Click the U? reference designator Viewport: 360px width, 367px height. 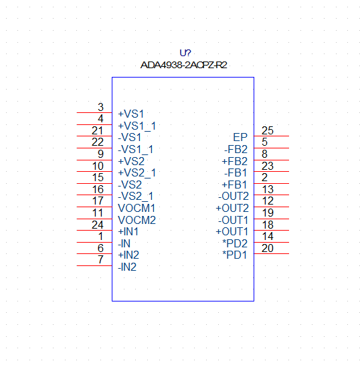click(185, 53)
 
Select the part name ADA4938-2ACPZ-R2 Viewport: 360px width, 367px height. click(183, 65)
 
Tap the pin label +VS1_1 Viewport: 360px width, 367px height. click(137, 126)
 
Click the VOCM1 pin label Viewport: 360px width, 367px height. click(137, 208)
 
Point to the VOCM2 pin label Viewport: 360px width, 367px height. click(137, 220)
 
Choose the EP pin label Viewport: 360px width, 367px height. click(240, 137)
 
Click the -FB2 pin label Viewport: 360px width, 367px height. click(236, 149)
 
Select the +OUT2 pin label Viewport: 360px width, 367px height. click(232, 208)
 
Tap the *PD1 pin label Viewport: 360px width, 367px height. click(235, 255)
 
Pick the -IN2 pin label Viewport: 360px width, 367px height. click(127, 267)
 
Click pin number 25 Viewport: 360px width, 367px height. click(268, 130)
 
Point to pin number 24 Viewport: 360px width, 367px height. click(98, 225)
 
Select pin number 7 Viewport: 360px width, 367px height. click(100, 259)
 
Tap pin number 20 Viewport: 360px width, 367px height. click(268, 248)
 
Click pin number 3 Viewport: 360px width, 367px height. click(100, 107)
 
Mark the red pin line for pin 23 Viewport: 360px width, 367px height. click(272, 172)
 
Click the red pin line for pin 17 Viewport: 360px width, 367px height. click(94, 207)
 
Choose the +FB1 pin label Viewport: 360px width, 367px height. click(234, 185)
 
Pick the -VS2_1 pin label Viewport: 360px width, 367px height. click(135, 196)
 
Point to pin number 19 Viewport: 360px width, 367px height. click(268, 213)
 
